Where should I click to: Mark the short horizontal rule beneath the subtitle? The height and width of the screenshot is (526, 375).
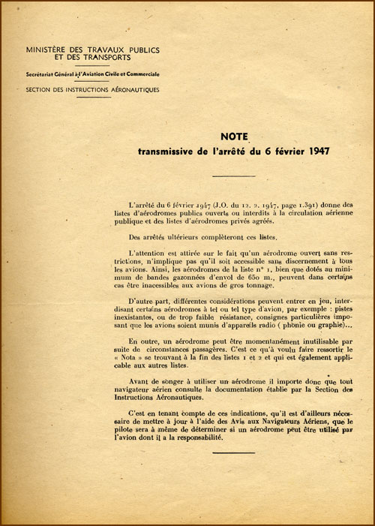[234, 176]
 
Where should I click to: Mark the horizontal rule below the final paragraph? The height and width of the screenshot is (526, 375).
[234, 452]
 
